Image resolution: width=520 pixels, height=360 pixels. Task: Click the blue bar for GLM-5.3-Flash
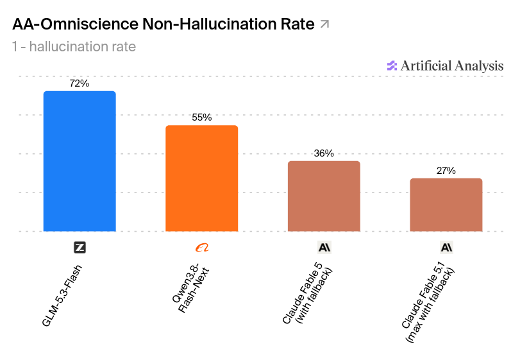click(80, 161)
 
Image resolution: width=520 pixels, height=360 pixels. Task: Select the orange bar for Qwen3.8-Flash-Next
click(201, 178)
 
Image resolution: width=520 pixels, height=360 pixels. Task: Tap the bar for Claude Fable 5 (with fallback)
click(324, 196)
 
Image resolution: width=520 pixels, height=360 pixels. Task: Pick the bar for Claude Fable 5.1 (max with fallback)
click(446, 205)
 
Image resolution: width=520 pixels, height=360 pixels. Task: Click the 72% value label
click(80, 83)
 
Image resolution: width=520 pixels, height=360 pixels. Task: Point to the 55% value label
click(201, 117)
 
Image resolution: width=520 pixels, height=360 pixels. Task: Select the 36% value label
click(324, 153)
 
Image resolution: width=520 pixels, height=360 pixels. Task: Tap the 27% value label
click(446, 171)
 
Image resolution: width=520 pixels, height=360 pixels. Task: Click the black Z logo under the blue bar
click(80, 248)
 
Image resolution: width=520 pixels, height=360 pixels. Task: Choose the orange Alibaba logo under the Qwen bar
click(202, 248)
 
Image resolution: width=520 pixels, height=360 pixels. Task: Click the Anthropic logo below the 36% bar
click(324, 248)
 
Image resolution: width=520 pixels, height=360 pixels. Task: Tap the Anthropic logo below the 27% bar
click(446, 248)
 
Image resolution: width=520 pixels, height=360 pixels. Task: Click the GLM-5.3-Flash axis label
click(62, 296)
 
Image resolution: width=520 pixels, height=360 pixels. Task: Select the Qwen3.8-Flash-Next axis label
click(190, 288)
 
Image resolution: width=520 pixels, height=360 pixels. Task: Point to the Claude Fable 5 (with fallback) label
click(307, 293)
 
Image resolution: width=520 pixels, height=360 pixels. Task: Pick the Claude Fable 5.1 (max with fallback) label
click(428, 302)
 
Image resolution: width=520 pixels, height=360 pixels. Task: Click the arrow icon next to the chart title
click(324, 24)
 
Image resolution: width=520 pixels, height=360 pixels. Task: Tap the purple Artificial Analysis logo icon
click(392, 65)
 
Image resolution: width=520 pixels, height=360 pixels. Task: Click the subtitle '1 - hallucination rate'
click(74, 47)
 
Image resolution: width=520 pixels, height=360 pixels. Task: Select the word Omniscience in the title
click(89, 24)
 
